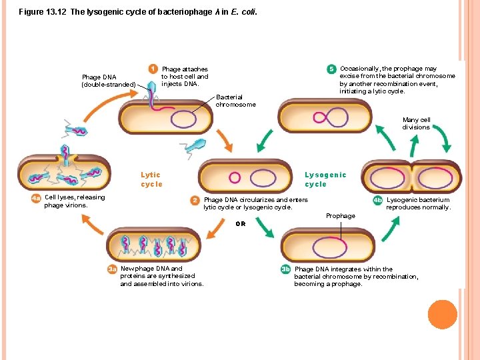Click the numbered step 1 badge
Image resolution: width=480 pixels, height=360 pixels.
pyautogui.click(x=153, y=69)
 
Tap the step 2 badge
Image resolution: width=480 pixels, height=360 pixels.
pyautogui.click(x=195, y=200)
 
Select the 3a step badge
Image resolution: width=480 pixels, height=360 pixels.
pyautogui.click(x=113, y=269)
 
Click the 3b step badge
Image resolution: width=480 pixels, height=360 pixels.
pyautogui.click(x=286, y=270)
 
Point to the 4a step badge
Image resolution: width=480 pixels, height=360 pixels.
pyautogui.click(x=36, y=198)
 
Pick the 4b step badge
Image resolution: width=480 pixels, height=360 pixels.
pyautogui.click(x=378, y=200)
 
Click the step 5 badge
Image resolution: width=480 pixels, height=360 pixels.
pyautogui.click(x=331, y=69)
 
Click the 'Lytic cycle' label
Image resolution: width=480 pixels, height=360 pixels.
pyautogui.click(x=151, y=179)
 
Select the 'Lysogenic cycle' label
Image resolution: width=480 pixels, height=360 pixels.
pyautogui.click(x=325, y=179)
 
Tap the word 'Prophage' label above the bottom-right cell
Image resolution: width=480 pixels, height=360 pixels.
pyautogui.click(x=340, y=216)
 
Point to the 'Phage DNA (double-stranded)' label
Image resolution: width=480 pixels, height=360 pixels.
pyautogui.click(x=108, y=81)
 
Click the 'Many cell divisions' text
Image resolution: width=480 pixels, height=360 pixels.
pyautogui.click(x=416, y=123)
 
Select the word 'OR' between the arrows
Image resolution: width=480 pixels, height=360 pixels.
pyautogui.click(x=241, y=224)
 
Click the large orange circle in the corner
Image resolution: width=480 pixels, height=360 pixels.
pyautogui.click(x=443, y=314)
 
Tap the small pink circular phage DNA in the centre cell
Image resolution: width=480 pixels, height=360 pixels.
pyautogui.click(x=235, y=177)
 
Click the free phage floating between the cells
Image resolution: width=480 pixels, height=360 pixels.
pyautogui.click(x=196, y=145)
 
